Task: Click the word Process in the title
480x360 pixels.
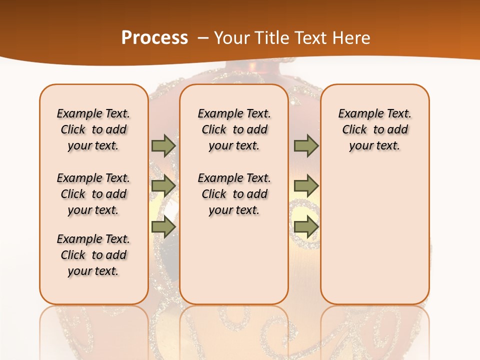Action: [x=154, y=37]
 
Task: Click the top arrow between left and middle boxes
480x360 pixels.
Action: [x=163, y=146]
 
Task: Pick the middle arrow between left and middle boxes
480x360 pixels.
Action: [x=163, y=186]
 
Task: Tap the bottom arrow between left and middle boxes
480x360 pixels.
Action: [x=163, y=227]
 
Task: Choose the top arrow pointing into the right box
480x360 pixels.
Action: [x=306, y=146]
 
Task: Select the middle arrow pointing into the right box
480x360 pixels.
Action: [x=306, y=186]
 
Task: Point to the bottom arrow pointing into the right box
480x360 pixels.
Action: [x=306, y=227]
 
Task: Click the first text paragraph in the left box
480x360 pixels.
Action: [x=93, y=129]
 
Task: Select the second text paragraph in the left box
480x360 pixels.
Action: [x=93, y=194]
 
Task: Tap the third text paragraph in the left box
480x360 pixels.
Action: [x=93, y=255]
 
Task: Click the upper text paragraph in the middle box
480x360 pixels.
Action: [x=234, y=129]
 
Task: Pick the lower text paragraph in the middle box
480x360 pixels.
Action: [x=234, y=194]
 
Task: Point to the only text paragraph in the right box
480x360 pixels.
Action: [x=374, y=129]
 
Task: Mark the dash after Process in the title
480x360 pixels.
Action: [x=203, y=38]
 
